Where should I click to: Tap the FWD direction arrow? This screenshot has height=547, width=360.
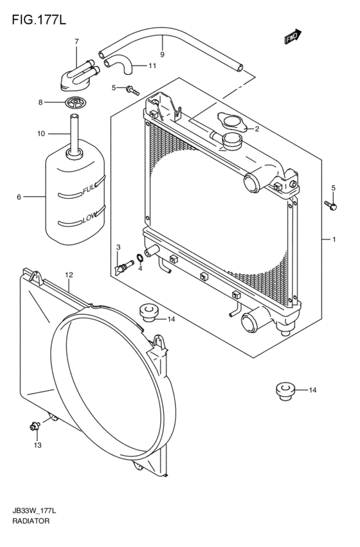(293, 37)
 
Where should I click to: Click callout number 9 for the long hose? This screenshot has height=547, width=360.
(162, 55)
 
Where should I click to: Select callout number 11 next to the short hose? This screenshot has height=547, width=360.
(152, 66)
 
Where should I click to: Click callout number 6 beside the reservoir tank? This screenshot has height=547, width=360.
(19, 197)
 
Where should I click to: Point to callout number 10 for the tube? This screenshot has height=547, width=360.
(41, 134)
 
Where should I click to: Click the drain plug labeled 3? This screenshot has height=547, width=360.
(119, 266)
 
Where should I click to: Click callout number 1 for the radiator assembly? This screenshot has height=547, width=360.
(334, 240)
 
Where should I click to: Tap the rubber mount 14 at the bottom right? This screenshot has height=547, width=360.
(283, 390)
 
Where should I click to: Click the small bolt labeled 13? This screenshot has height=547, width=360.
(35, 425)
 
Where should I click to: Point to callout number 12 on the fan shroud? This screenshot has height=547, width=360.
(69, 275)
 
